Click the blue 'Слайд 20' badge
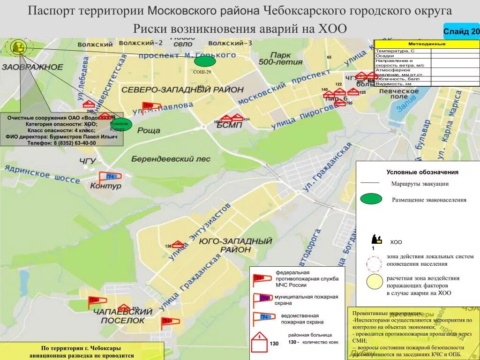461,32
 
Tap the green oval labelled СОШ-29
205,61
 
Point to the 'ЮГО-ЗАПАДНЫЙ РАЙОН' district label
235,245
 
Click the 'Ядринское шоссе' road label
41,174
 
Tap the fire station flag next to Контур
110,177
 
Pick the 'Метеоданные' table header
427,44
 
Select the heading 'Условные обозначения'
422,172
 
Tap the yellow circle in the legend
375,282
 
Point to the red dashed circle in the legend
375,264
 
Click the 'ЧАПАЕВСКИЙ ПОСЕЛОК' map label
123,316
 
